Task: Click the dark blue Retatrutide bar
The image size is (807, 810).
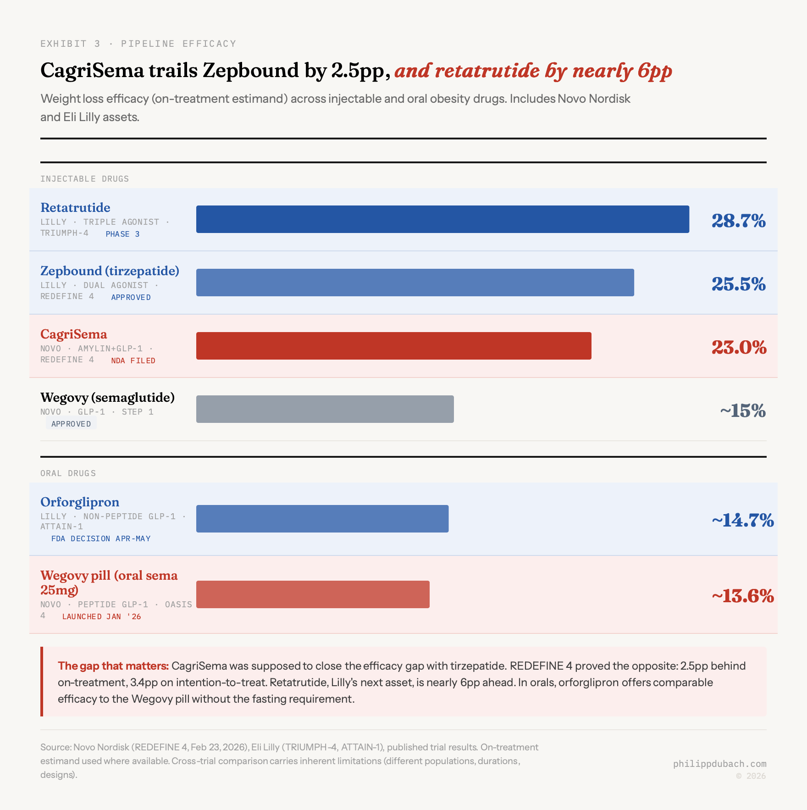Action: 442,219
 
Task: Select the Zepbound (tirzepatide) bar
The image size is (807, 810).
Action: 415,283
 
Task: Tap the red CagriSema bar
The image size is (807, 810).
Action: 393,346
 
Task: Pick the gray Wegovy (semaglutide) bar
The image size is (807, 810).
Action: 325,409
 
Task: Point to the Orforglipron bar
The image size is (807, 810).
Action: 322,519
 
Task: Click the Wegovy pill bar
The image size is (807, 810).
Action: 313,594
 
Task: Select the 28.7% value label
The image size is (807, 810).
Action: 738,221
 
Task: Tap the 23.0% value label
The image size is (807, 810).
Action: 739,348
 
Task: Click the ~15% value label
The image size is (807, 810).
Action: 742,411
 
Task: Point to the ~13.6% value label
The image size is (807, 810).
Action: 742,596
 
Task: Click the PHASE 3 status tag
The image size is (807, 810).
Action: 122,234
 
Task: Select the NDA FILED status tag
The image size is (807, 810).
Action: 133,361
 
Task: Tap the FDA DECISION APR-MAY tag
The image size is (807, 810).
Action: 101,538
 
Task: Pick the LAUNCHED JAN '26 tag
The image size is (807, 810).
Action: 101,616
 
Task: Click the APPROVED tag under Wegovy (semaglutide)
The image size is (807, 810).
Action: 71,424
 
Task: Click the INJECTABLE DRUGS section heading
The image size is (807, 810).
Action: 84,179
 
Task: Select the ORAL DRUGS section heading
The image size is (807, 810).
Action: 68,473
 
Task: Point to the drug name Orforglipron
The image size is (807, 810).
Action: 80,502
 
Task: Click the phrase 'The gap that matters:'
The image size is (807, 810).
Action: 113,666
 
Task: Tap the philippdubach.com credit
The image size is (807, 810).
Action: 719,764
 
